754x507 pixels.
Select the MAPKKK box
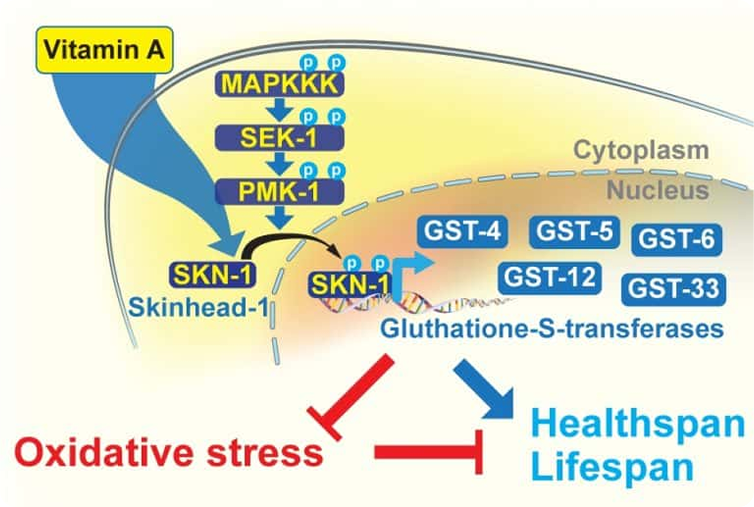pyautogui.click(x=279, y=84)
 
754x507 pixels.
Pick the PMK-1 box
pyautogui.click(x=279, y=190)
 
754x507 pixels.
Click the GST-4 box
pyautogui.click(x=462, y=232)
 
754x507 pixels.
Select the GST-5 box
pyautogui.click(x=573, y=232)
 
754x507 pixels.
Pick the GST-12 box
pyautogui.click(x=549, y=277)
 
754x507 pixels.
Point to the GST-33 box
pyautogui.click(x=673, y=289)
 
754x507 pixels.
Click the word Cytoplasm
pyautogui.click(x=641, y=151)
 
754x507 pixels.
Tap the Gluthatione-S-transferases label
pyautogui.click(x=553, y=329)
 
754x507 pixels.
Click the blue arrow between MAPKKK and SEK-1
pyautogui.click(x=279, y=110)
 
